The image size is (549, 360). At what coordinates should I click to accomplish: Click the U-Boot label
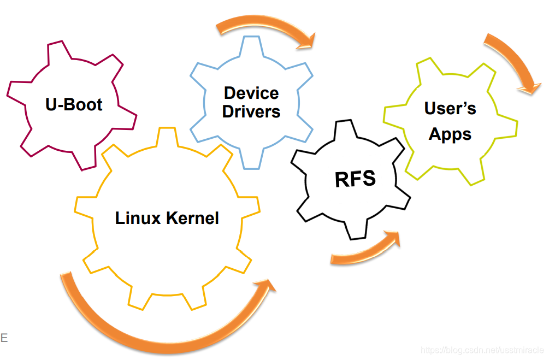[74, 104]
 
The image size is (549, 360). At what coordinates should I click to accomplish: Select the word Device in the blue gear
[251, 93]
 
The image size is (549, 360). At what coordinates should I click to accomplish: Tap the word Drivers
[251, 111]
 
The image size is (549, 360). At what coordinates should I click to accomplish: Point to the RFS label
[355, 179]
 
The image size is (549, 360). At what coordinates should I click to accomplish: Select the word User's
[450, 108]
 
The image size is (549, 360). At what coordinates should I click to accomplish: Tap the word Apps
[450, 134]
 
